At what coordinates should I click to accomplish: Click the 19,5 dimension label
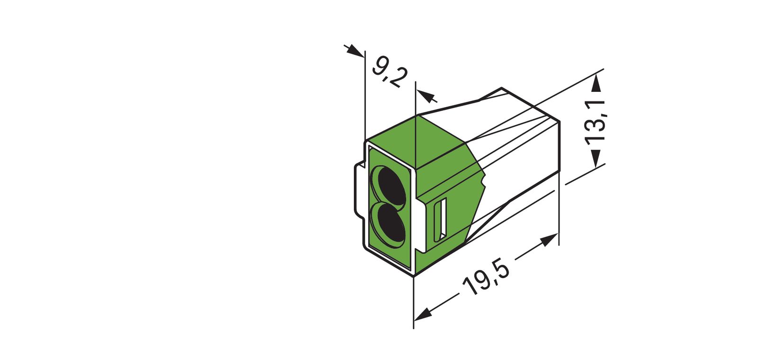tap(487, 279)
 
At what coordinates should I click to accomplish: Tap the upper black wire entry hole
tap(390, 183)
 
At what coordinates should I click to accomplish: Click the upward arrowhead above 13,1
tap(596, 84)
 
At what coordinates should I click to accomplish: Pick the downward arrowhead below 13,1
tap(596, 158)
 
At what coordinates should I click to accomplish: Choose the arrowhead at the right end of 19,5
tap(549, 240)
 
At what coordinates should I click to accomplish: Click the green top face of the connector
tap(417, 142)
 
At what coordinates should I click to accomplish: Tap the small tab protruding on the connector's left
tap(359, 189)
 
